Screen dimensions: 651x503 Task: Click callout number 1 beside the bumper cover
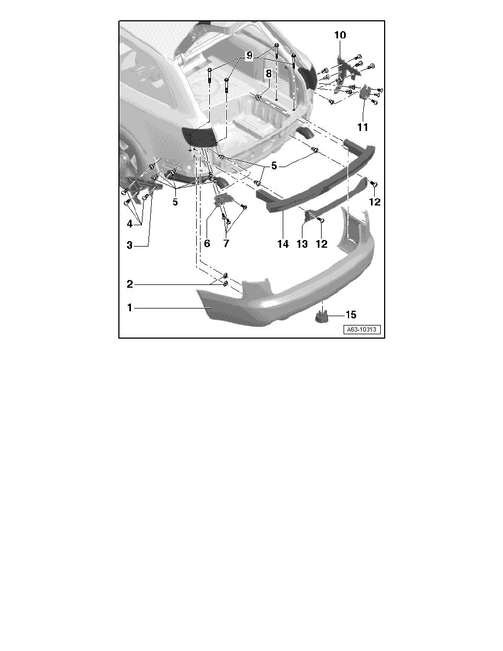(x=130, y=308)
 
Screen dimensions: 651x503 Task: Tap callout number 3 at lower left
(x=130, y=246)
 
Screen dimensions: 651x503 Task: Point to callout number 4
(x=130, y=224)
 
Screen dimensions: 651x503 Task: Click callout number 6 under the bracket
(x=207, y=243)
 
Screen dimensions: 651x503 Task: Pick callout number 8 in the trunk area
(x=268, y=73)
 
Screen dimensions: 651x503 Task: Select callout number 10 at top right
(x=340, y=35)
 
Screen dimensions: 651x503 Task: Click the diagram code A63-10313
(x=363, y=330)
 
